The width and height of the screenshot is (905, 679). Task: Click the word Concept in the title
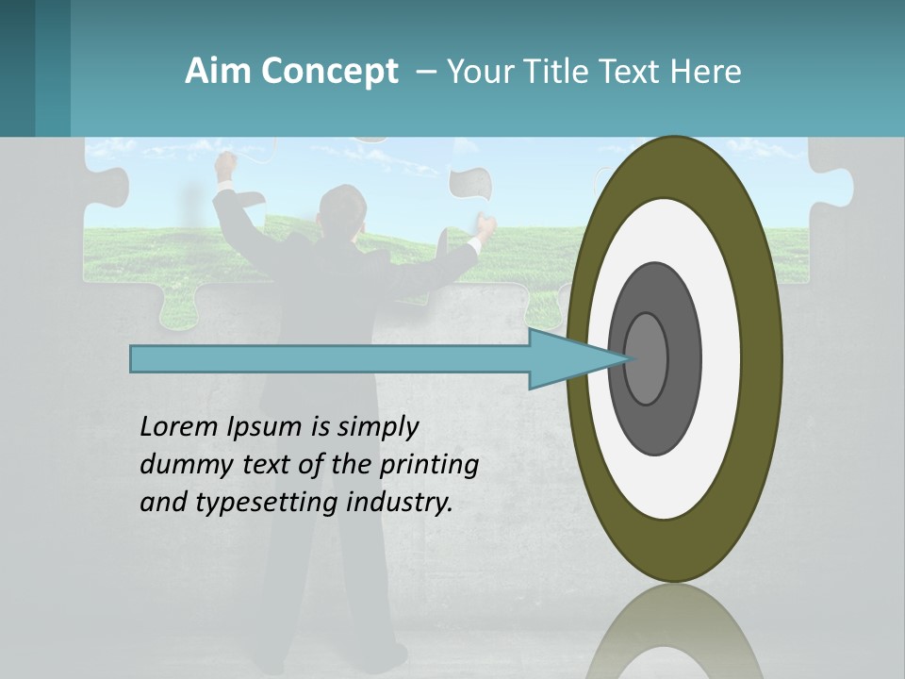tap(330, 72)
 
